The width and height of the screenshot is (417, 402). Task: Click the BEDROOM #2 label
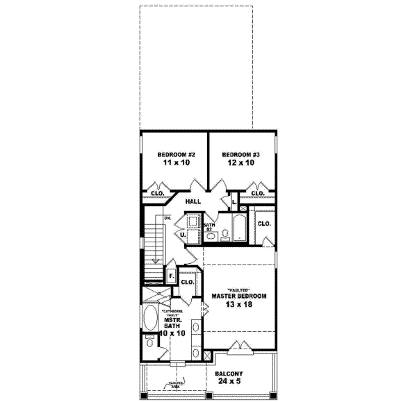(174, 153)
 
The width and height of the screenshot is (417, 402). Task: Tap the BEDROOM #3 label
(240, 153)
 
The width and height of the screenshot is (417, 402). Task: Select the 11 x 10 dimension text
(174, 163)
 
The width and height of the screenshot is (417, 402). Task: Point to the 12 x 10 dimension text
(240, 163)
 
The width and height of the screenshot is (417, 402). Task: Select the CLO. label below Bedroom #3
(258, 193)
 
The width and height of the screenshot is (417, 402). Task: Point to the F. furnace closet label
(171, 276)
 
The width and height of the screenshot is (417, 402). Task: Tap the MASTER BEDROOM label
(238, 296)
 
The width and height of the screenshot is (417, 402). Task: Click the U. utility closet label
(182, 235)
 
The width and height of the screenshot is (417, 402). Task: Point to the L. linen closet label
(235, 203)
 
